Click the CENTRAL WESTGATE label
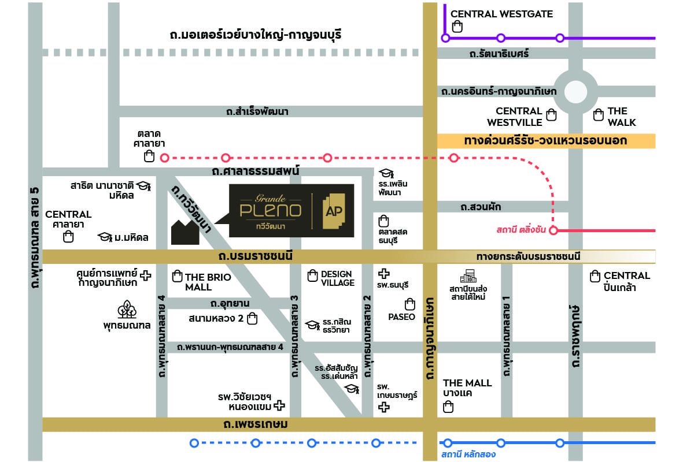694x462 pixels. click(x=501, y=14)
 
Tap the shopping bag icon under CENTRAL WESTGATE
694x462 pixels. click(x=457, y=26)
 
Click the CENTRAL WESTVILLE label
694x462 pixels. click(x=519, y=117)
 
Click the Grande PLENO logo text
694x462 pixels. click(x=271, y=209)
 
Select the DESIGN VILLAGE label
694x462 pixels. click(x=337, y=278)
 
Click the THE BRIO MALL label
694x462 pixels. click(x=208, y=282)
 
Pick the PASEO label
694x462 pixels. click(x=402, y=316)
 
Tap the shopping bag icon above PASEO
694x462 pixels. click(x=410, y=304)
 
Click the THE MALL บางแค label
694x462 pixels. click(x=467, y=388)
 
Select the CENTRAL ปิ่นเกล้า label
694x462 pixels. click(x=626, y=281)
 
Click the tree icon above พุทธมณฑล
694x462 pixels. click(x=127, y=310)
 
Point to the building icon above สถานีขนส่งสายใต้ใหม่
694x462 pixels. click(x=467, y=277)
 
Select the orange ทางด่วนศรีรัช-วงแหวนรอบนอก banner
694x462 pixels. click(x=545, y=141)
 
